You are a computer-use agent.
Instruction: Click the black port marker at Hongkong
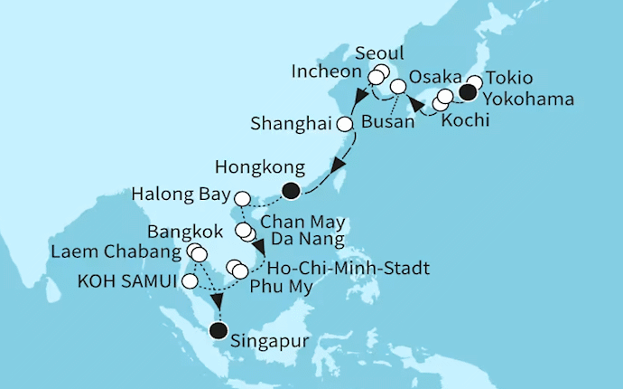[x=291, y=190]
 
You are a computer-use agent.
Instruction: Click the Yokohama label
[x=528, y=100]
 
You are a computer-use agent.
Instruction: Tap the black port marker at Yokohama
[x=468, y=91]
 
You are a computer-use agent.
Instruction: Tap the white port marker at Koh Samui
[x=189, y=282]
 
